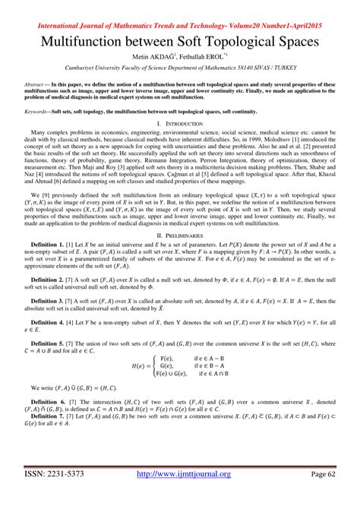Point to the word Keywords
click(36, 111)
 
